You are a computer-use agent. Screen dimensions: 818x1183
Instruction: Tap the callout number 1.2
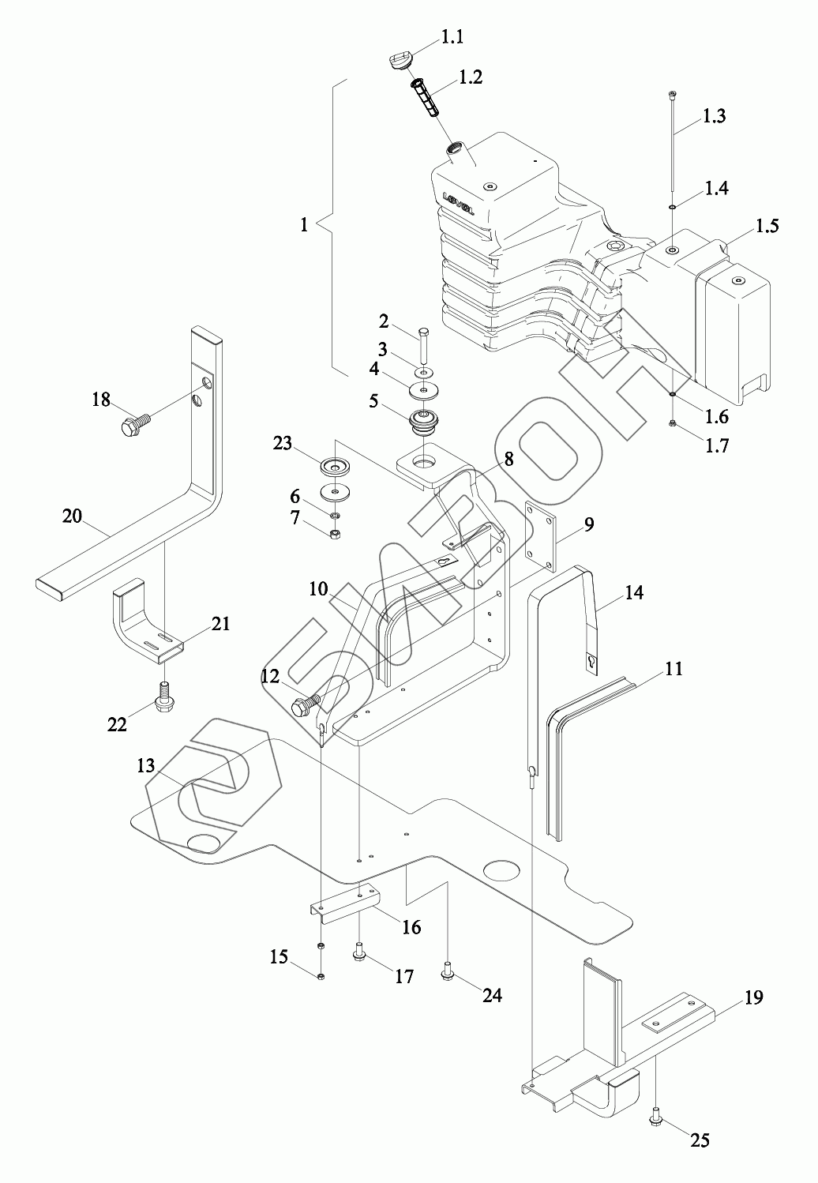[x=471, y=77]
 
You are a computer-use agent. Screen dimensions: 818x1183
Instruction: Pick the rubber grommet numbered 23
[x=336, y=467]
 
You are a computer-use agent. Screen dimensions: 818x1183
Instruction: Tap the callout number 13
[x=146, y=765]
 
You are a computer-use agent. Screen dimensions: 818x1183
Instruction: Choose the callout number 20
[x=73, y=516]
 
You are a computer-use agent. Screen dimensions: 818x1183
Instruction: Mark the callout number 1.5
[x=766, y=226]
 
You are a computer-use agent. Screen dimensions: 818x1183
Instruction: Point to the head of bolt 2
[x=423, y=332]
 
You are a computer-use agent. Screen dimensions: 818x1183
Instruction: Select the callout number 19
[x=753, y=997]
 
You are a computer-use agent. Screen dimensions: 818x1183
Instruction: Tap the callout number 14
[x=634, y=592]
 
